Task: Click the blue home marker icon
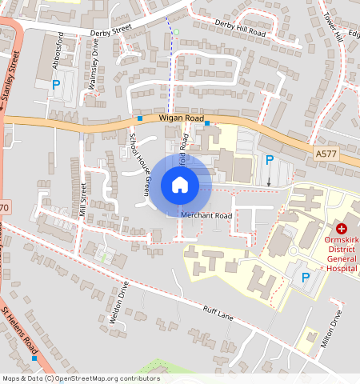click(180, 186)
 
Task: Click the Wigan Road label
click(182, 118)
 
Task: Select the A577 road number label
click(326, 152)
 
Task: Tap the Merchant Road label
click(206, 216)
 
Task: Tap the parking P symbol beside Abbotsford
click(56, 84)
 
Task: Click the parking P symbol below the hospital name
click(305, 278)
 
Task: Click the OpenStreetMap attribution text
click(80, 378)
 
